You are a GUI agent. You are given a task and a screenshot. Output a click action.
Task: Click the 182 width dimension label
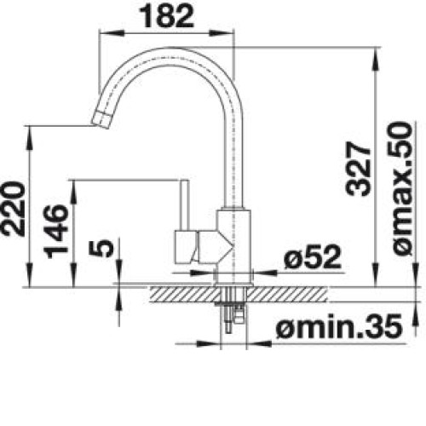click(167, 16)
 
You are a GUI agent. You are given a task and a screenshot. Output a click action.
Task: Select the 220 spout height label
click(13, 210)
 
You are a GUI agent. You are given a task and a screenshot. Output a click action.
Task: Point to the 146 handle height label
click(56, 231)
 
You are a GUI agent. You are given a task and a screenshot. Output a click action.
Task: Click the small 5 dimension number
click(101, 247)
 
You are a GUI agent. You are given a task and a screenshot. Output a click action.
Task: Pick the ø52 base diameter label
click(313, 257)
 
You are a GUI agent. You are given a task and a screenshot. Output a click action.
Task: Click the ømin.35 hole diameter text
click(339, 326)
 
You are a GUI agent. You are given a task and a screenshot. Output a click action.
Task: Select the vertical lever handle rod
click(185, 205)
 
